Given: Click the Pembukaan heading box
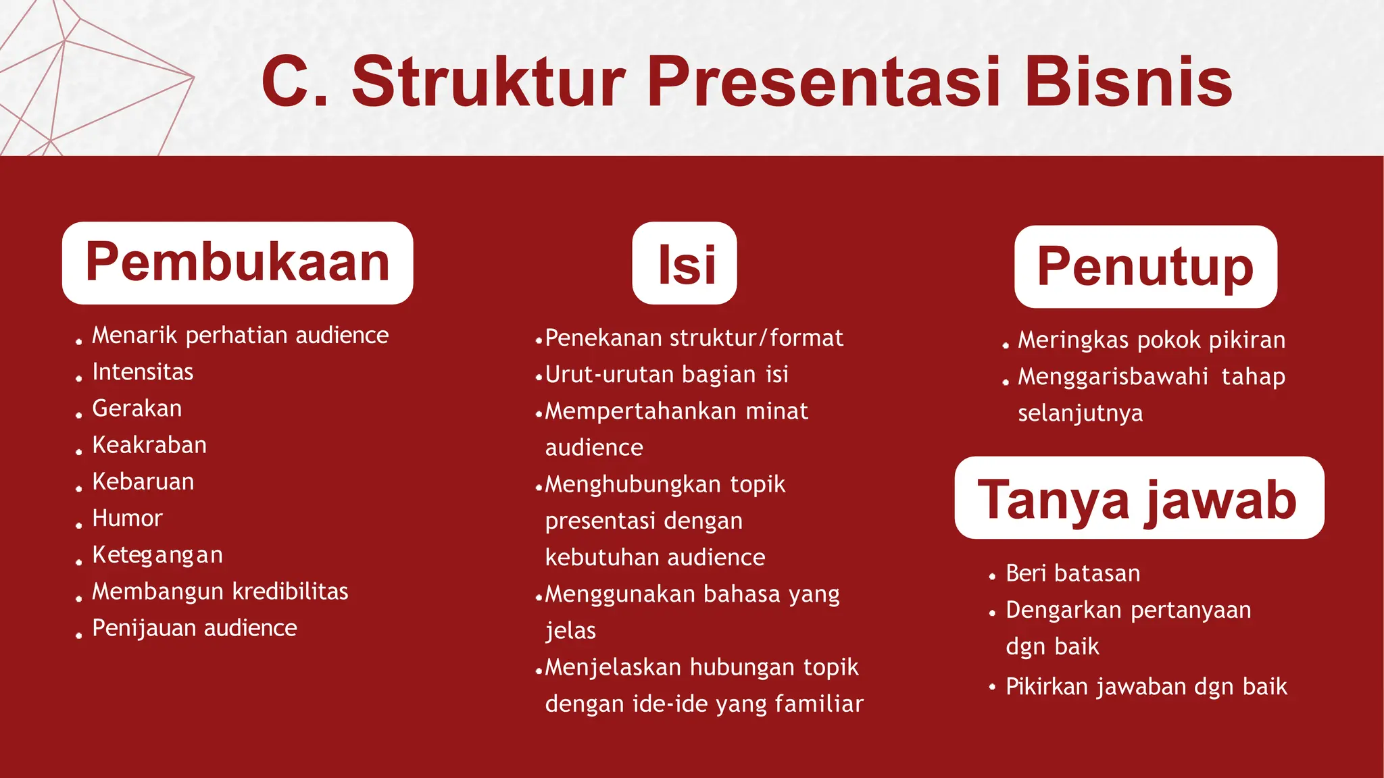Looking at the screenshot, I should pyautogui.click(x=237, y=263).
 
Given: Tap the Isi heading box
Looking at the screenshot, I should pyautogui.click(x=685, y=263).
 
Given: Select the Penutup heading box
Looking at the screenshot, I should pyautogui.click(x=1145, y=267).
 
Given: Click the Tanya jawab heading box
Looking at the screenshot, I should pyautogui.click(x=1139, y=498).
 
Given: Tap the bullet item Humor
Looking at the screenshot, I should pyautogui.click(x=127, y=519).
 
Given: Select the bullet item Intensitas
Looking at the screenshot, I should pyautogui.click(x=143, y=372).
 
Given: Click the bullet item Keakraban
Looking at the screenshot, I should pyautogui.click(x=149, y=445).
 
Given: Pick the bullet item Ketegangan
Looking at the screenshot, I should pyautogui.click(x=157, y=555).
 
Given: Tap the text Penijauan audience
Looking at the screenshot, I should pyautogui.click(x=195, y=628).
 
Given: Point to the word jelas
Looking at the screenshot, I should pyautogui.click(x=570, y=631).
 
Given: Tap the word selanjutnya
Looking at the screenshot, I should pyautogui.click(x=1080, y=413).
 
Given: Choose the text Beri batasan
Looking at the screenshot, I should pyautogui.click(x=1072, y=573).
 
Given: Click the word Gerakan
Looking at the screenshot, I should pyautogui.click(x=137, y=409).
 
